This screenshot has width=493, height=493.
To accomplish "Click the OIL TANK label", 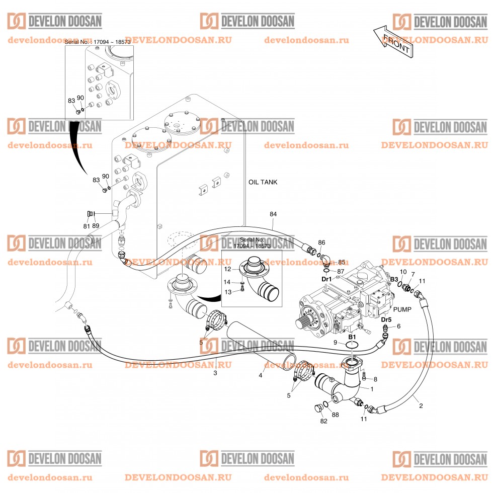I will click(x=263, y=182).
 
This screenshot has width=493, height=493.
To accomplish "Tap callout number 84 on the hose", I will click(x=273, y=215).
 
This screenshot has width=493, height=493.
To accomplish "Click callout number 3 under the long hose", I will click(x=215, y=373).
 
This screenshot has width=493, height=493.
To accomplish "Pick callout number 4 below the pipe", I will click(x=261, y=375).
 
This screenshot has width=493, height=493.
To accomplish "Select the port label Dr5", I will click(x=386, y=319).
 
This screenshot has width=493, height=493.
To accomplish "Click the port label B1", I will click(x=352, y=336).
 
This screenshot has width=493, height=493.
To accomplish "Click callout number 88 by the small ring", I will click(x=336, y=415).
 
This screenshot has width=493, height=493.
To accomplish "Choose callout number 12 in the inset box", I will click(x=227, y=269).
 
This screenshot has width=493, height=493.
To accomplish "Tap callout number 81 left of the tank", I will click(x=86, y=226).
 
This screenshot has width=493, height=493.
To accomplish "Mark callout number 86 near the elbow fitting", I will click(x=321, y=242).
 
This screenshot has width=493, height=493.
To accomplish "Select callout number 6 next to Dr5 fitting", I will click(x=399, y=326).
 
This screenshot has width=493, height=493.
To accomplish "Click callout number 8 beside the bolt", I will click(x=374, y=379).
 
